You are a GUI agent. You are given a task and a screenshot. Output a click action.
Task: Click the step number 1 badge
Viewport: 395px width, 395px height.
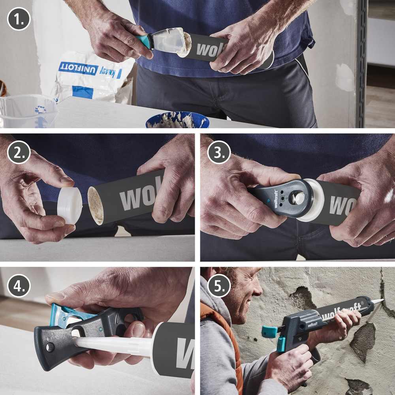point(19,19)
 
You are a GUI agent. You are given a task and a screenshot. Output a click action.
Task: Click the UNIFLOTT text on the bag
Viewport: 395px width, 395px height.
point(79,69)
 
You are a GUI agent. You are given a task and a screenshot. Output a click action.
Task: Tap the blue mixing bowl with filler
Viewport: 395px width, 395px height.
point(177,120)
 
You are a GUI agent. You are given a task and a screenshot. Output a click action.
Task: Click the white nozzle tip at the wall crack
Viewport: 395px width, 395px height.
point(378,301)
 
